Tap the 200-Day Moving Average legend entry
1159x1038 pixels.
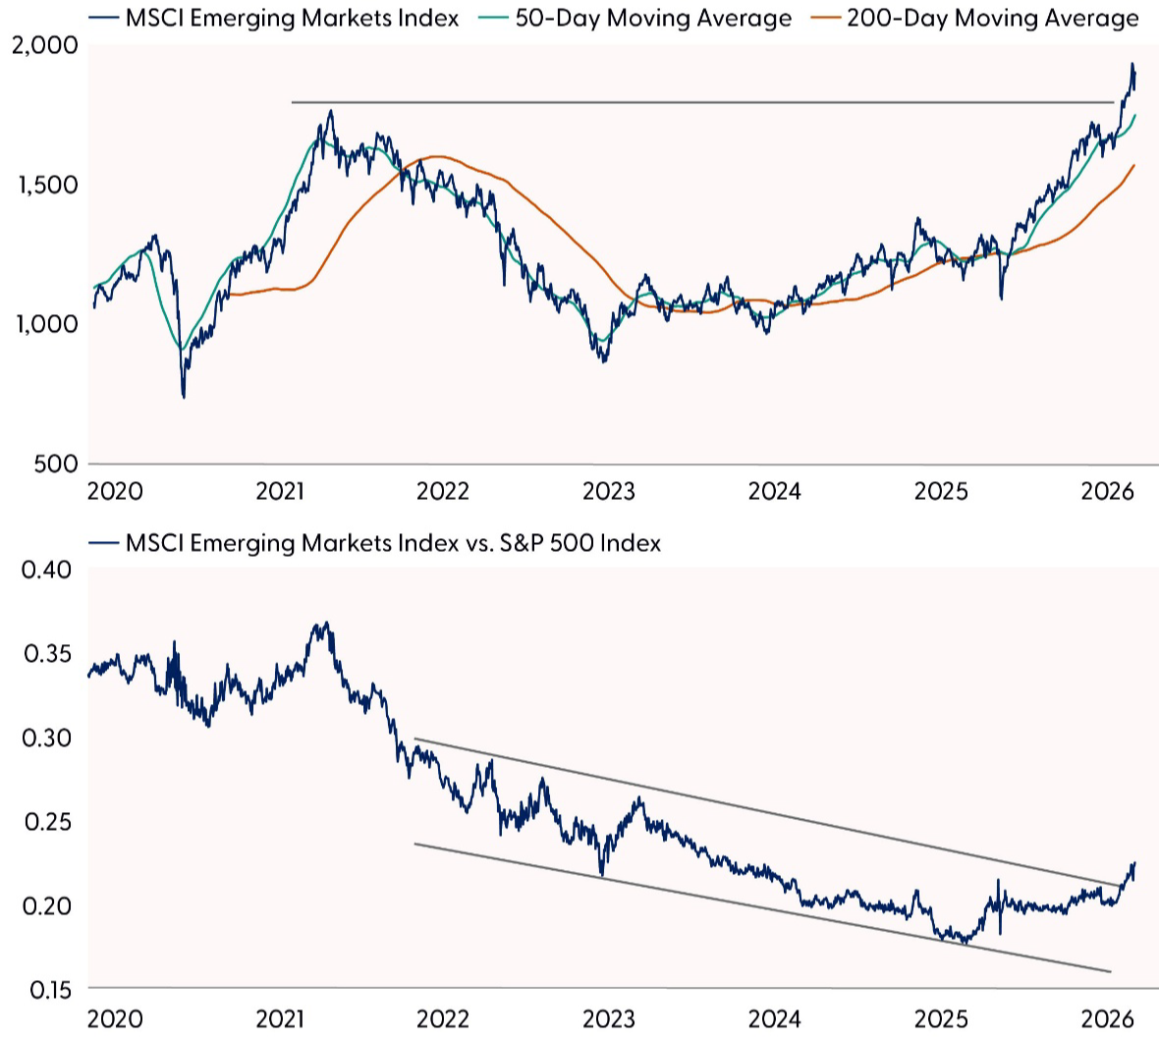(x=978, y=19)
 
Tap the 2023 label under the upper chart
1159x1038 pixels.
(x=609, y=490)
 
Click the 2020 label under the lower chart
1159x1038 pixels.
(x=114, y=1017)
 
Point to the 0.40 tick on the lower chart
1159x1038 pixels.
(x=47, y=570)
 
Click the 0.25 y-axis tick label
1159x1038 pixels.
(x=47, y=821)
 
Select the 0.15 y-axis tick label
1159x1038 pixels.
(x=47, y=989)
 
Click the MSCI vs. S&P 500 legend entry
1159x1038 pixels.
(x=393, y=542)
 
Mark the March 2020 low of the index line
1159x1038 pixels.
(x=184, y=396)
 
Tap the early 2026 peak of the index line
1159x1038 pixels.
(x=1131, y=65)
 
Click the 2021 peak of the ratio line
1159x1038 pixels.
(x=326, y=623)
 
